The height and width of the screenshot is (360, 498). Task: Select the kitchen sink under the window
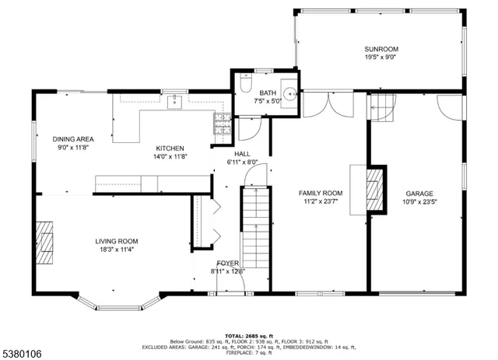[174, 101]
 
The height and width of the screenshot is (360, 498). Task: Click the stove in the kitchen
[221, 120]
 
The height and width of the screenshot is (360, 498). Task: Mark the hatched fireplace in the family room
[375, 190]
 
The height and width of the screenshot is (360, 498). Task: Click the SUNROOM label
[381, 48]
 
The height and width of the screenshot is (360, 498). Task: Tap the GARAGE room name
[419, 194]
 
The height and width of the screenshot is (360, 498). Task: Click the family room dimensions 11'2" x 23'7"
[321, 201]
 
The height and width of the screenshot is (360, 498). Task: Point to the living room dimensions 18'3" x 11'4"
[117, 250]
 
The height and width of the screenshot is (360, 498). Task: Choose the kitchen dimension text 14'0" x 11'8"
[170, 156]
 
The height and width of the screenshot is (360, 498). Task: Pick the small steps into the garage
[381, 107]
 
